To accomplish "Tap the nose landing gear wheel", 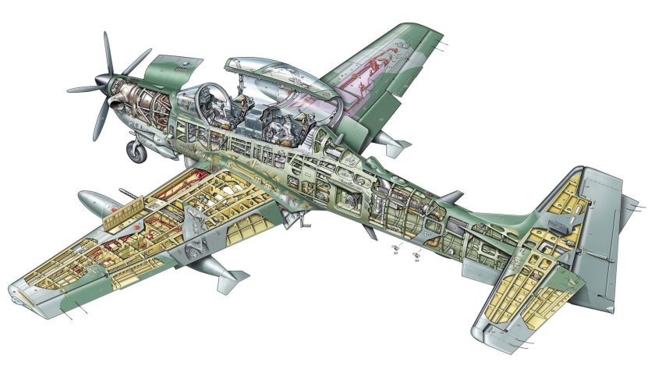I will click(x=137, y=151).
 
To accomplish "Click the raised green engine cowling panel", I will click(x=172, y=66).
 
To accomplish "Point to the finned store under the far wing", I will click(x=391, y=143).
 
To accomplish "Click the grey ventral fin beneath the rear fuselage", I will click(x=476, y=266).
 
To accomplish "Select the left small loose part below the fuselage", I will click(x=395, y=251).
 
